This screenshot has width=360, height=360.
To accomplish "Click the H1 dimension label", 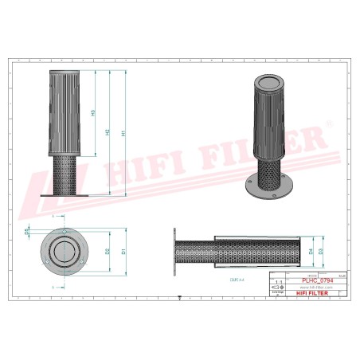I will pyautogui.click(x=123, y=134).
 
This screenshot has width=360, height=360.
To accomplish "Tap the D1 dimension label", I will pyautogui.click(x=123, y=250).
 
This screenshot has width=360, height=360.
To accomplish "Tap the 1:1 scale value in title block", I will pyautogui.click(x=277, y=281).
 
